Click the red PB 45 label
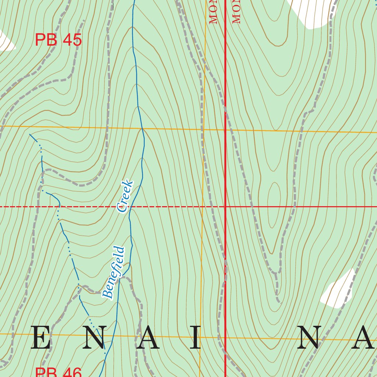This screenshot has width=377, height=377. [x=58, y=40]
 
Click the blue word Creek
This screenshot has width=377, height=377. [x=124, y=196]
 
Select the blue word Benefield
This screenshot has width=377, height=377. [x=114, y=272]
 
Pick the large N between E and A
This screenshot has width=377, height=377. [x=95, y=338]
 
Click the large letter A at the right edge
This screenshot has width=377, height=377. [x=363, y=338]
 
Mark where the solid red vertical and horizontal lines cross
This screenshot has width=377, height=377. [x=225, y=207]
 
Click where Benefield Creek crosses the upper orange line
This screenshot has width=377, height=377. [x=142, y=129]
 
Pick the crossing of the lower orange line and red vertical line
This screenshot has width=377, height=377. [x=225, y=337]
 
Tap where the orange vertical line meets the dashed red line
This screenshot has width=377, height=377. [x=202, y=207]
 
